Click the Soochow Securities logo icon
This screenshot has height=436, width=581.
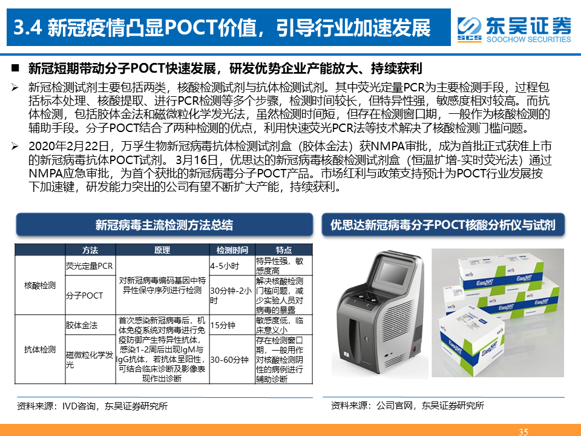(x=469, y=29)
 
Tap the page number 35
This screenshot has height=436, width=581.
(x=523, y=432)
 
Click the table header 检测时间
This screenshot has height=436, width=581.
(x=232, y=250)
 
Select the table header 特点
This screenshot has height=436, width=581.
(x=283, y=250)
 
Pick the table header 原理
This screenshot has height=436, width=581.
(x=162, y=250)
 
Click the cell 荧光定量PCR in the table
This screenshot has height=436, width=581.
(x=90, y=266)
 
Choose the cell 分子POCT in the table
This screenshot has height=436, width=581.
(x=84, y=296)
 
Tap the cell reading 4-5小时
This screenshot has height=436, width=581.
(x=225, y=266)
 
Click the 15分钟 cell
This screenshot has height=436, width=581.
(x=223, y=325)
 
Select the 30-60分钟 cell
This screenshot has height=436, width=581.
(x=229, y=360)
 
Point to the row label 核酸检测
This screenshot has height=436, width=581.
(x=40, y=285)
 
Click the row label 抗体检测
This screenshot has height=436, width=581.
(x=40, y=349)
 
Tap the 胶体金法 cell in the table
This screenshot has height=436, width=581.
(x=82, y=325)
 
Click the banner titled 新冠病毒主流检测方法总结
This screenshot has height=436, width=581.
(x=165, y=225)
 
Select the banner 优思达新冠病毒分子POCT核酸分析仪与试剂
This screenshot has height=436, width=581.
(x=443, y=225)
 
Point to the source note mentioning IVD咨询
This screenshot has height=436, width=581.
(x=92, y=406)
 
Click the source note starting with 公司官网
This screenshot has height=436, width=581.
(x=407, y=406)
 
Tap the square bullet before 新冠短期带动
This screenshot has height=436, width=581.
(x=15, y=68)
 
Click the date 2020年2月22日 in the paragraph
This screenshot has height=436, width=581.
(x=68, y=146)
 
